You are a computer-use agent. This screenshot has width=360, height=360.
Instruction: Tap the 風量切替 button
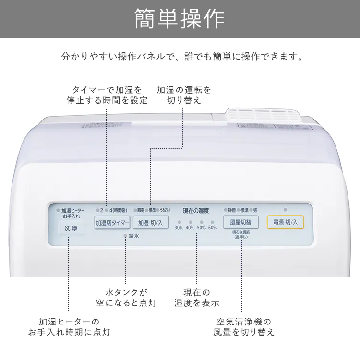(x=240, y=222)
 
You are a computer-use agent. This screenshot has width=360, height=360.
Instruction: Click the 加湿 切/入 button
(x=150, y=223)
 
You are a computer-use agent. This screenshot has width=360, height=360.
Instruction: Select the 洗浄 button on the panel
(x=70, y=228)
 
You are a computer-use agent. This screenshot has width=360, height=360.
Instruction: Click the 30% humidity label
(x=179, y=228)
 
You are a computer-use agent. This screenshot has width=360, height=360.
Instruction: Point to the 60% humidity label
(x=213, y=228)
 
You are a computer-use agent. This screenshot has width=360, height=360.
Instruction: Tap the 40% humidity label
(x=190, y=228)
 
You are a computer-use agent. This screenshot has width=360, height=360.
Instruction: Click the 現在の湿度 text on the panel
(x=196, y=210)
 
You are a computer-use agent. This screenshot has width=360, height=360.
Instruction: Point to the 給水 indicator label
(x=134, y=236)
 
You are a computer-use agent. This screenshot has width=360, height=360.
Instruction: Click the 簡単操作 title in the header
(x=180, y=19)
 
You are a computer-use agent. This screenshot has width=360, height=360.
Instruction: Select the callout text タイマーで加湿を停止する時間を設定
(x=107, y=95)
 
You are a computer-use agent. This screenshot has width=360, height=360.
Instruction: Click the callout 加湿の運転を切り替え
(x=184, y=95)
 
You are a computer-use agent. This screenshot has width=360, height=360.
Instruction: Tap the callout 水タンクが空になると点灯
(x=126, y=297)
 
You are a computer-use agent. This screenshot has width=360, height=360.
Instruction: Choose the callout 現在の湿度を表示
(x=196, y=297)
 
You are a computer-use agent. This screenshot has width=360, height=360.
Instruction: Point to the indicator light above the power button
(x=285, y=210)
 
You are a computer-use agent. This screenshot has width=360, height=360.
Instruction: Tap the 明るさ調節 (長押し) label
(x=240, y=235)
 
